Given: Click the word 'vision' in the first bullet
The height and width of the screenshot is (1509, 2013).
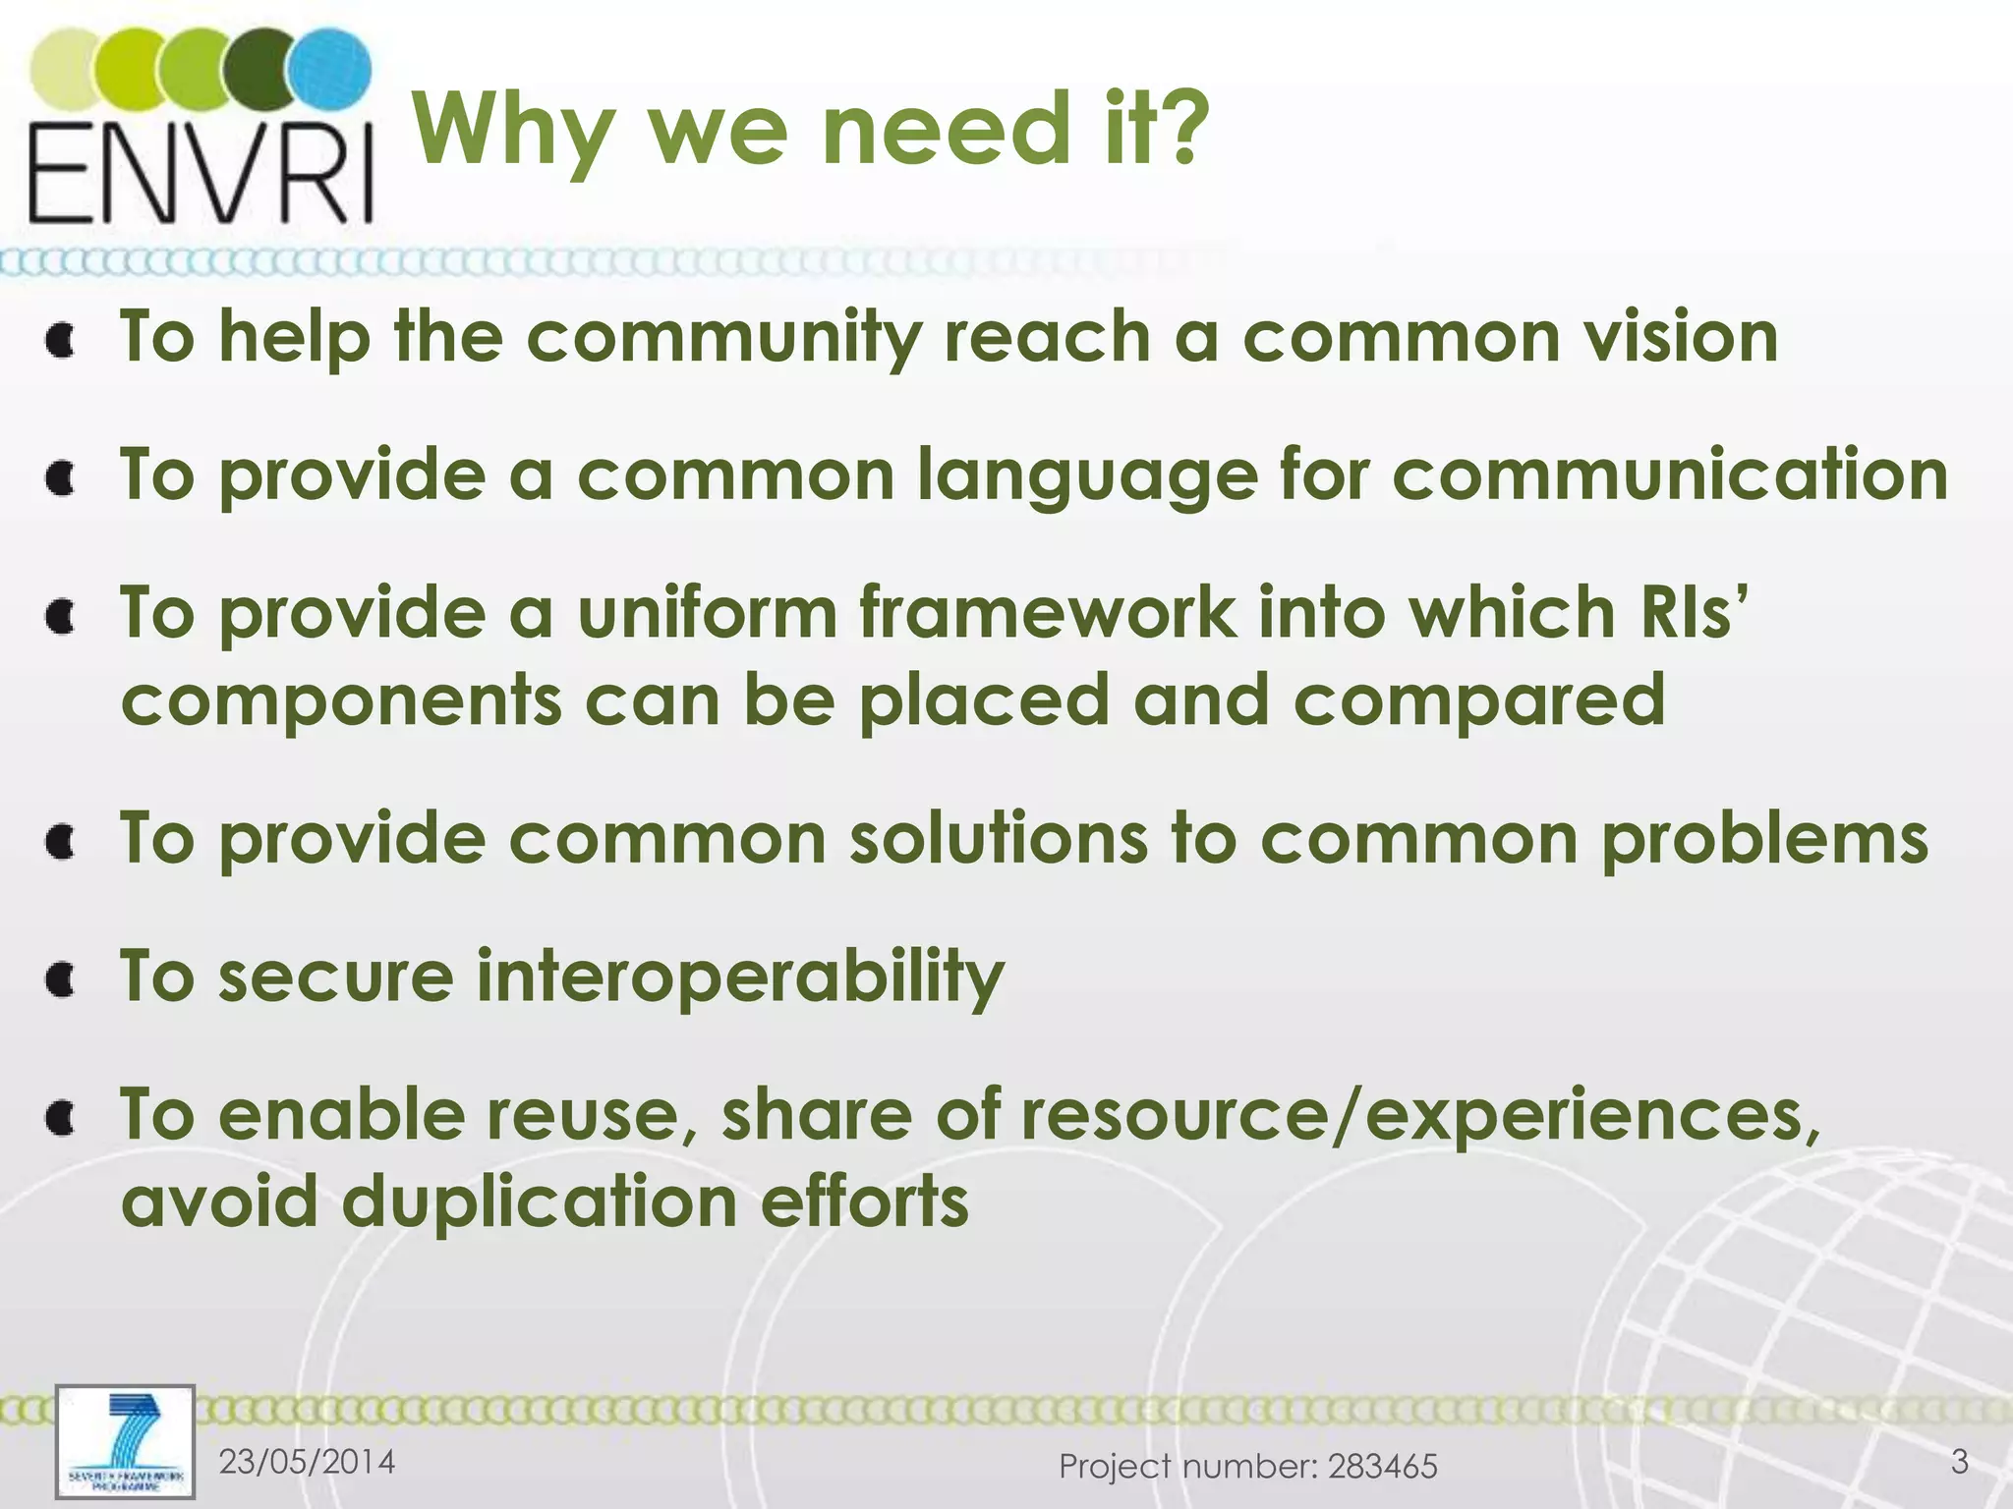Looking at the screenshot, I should [x=1680, y=336].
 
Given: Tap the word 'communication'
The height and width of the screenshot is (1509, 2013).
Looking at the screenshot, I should [x=1670, y=474].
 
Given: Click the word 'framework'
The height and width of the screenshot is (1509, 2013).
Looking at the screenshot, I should [x=1047, y=612].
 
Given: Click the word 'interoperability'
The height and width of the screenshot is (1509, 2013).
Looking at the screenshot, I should [x=740, y=978].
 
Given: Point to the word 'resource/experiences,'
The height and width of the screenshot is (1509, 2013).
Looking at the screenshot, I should [x=1420, y=1116].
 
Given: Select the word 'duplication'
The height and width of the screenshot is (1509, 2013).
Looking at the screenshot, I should [x=540, y=1203].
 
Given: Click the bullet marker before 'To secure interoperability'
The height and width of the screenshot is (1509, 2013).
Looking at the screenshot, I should [x=62, y=979].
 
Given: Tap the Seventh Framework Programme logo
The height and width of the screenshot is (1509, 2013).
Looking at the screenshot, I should [x=125, y=1441].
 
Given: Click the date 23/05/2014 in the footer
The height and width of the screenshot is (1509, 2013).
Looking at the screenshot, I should [x=307, y=1462].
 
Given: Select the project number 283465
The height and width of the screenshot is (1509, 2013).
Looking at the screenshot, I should [x=1382, y=1467].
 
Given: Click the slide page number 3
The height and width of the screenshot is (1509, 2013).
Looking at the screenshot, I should [x=1959, y=1462].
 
